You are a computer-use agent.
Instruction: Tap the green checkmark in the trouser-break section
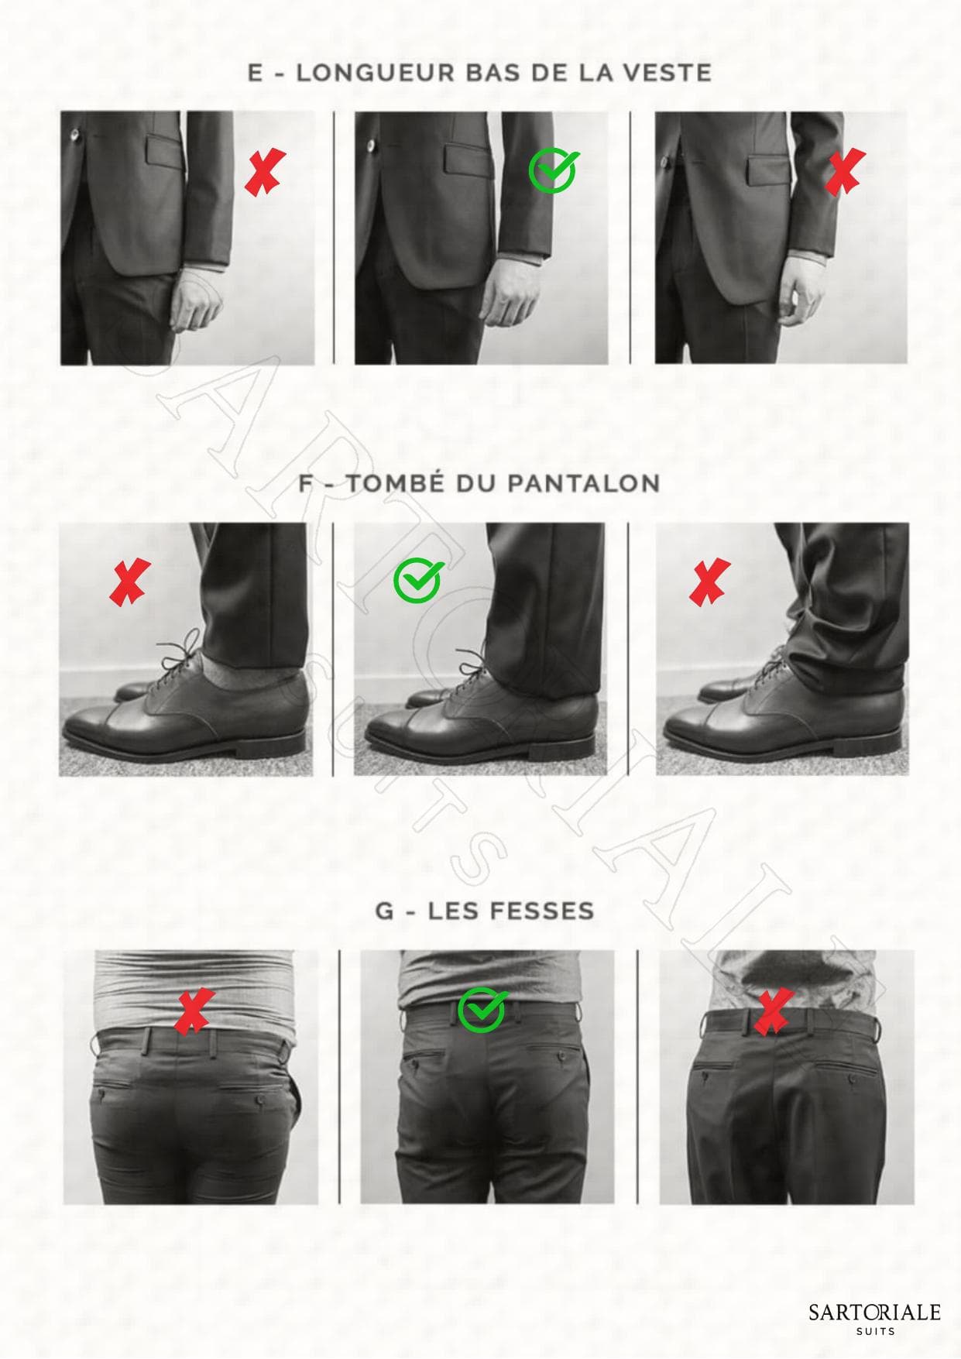[417, 581]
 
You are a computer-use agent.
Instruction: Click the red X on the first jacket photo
[265, 173]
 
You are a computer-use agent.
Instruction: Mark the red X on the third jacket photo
[844, 172]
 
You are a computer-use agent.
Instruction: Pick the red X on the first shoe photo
[130, 582]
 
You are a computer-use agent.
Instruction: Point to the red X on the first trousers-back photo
[194, 1011]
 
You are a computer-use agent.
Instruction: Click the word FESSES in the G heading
[537, 911]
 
